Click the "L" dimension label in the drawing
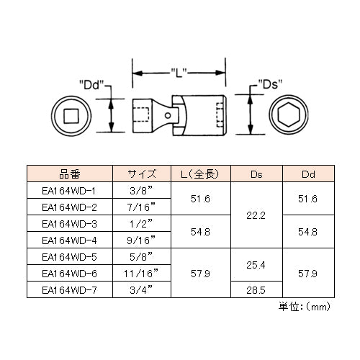pyautogui.click(x=179, y=73)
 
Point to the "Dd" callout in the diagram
pyautogui.click(x=91, y=85)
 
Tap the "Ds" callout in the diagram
pyautogui.click(x=270, y=84)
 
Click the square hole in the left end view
pyautogui.click(x=71, y=116)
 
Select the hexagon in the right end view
pyautogui.click(x=289, y=114)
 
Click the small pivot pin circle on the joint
pyautogui.click(x=168, y=116)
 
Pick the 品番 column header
pyautogui.click(x=70, y=174)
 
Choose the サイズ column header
pyautogui.click(x=142, y=174)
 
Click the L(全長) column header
pyautogui.click(x=200, y=174)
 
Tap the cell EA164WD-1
pyautogui.click(x=69, y=191)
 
